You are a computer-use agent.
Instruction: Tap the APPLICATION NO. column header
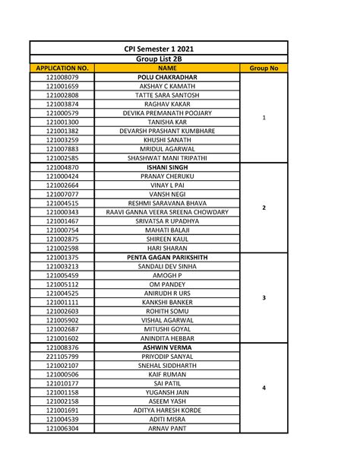point(62,68)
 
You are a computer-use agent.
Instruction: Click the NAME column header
point(167,68)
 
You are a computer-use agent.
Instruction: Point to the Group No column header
point(264,68)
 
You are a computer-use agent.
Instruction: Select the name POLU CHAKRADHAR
point(167,78)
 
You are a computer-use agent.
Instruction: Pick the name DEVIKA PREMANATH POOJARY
point(167,113)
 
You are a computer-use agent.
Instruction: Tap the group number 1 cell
point(264,118)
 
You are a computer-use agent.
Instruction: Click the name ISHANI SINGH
point(167,167)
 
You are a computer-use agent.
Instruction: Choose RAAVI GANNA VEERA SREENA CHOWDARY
point(167,212)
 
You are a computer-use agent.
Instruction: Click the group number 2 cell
point(264,208)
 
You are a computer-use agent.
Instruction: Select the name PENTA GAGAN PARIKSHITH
point(167,257)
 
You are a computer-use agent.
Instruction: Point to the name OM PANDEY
point(167,284)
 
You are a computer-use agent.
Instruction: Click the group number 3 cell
point(264,298)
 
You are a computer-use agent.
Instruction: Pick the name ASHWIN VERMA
point(167,347)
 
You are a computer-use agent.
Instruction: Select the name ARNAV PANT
point(167,428)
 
